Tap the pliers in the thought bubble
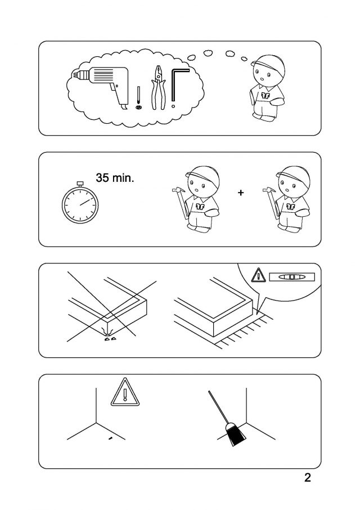[158, 87]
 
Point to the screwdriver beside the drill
[139, 97]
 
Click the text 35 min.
[115, 178]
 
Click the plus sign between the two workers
[240, 193]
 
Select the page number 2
[307, 477]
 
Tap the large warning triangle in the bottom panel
[125, 393]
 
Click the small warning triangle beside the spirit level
[259, 275]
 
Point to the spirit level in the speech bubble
[292, 277]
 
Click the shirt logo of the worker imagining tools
[266, 96]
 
